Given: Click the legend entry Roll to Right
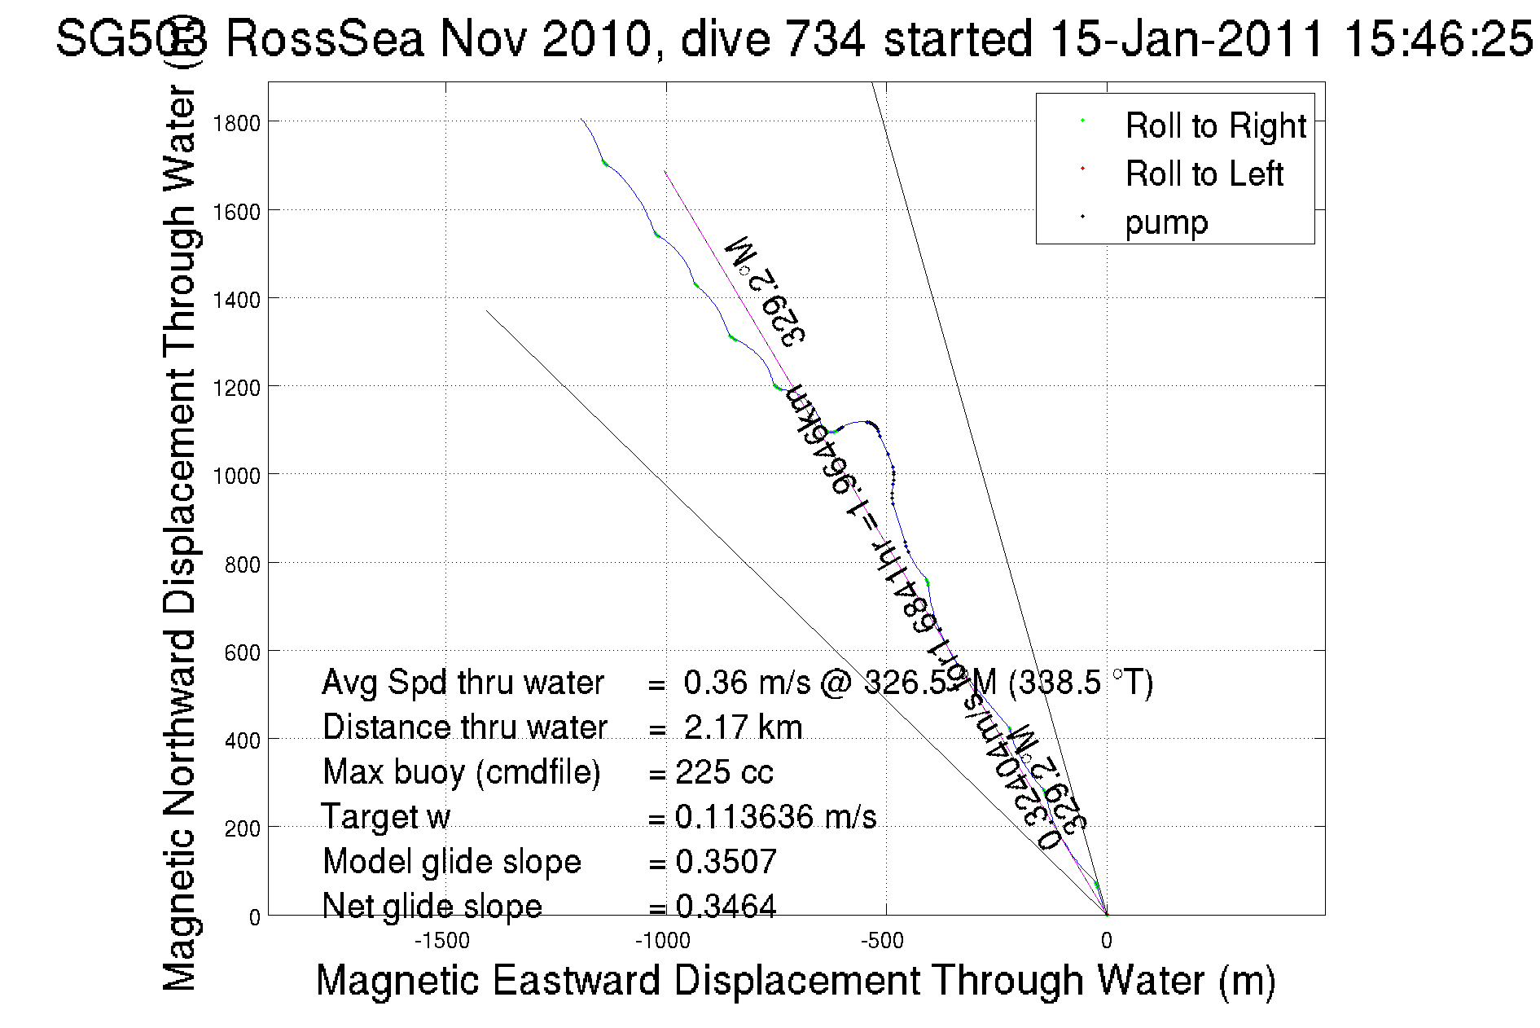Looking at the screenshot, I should point(1215,126).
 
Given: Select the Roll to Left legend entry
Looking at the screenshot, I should point(1204,174).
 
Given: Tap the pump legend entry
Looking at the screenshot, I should point(1166,222).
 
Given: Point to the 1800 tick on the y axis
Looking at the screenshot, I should point(236,123).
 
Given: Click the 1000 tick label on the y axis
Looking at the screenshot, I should point(236,476).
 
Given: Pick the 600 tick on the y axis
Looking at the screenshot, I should point(242,652).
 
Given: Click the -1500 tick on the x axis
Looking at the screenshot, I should point(442,941).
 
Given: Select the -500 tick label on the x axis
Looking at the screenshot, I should point(883,941).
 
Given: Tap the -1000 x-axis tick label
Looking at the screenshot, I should point(663,941).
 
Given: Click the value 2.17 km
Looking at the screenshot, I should point(743,727).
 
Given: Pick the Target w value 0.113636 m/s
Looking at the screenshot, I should point(775,817).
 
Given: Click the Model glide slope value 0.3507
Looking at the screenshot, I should point(726,862).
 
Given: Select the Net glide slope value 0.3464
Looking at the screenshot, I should point(726,906).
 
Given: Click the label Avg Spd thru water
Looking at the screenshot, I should point(463,683).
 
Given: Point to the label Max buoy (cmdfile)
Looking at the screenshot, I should point(461,772).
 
